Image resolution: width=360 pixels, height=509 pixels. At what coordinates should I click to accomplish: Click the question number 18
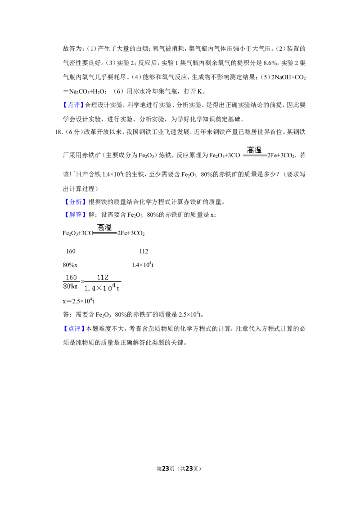58,132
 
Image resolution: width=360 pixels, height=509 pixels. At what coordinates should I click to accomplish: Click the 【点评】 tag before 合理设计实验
73,105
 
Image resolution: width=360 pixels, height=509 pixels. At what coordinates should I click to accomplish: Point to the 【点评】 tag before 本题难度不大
73,329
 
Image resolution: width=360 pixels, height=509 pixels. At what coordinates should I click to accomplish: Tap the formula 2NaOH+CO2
288,77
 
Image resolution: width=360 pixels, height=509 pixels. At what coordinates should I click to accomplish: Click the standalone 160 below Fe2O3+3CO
71,251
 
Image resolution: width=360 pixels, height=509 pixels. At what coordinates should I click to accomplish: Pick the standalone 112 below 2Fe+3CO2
144,251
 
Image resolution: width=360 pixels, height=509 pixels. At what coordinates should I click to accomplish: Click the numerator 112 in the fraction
102,277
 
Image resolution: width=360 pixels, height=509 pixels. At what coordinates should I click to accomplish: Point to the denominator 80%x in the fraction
71,286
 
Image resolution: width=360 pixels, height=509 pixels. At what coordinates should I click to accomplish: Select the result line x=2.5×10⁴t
79,301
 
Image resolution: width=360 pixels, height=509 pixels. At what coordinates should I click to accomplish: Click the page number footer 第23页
166,469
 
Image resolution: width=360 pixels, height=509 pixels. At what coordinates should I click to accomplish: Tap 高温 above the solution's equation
104,228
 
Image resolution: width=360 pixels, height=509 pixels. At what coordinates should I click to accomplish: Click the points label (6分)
72,132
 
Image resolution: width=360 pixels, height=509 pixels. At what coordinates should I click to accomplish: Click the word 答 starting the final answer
66,315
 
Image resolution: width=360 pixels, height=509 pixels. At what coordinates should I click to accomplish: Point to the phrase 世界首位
270,132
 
